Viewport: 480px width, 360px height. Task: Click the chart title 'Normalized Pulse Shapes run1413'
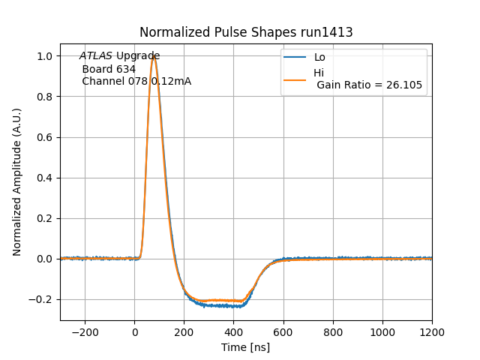(246, 32)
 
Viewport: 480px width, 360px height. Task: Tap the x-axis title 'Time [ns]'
(246, 347)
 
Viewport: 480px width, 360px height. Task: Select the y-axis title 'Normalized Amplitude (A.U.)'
(17, 182)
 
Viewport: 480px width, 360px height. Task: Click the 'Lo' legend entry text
(319, 57)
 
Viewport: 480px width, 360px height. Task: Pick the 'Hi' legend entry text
(319, 73)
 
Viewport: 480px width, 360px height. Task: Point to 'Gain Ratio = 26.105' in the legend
(369, 85)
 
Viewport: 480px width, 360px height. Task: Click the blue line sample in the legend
(295, 57)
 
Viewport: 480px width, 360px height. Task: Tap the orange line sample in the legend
(295, 79)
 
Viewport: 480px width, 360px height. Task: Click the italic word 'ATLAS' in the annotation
(96, 55)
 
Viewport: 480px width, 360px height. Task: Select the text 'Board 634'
(109, 69)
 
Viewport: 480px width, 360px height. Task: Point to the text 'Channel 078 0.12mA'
(136, 81)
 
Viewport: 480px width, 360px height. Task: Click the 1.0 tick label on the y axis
(45, 56)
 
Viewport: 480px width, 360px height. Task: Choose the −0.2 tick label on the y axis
(41, 299)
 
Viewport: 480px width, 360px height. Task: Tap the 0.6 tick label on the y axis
(45, 137)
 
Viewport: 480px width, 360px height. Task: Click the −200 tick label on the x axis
(85, 331)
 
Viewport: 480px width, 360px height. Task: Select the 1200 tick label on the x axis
(432, 331)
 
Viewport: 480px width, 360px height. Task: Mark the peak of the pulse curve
(154, 56)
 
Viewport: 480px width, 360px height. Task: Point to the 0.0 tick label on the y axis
(45, 259)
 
